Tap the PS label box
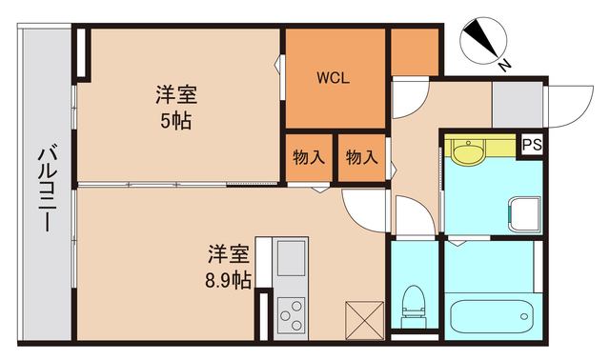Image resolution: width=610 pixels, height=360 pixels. pyautogui.click(x=531, y=145)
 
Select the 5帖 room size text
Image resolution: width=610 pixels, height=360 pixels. pyautogui.click(x=175, y=122)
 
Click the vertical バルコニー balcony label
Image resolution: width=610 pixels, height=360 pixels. pyautogui.click(x=44, y=191)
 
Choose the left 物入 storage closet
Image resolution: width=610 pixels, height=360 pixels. pyautogui.click(x=306, y=157)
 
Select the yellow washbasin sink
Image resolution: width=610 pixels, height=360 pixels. pyautogui.click(x=468, y=152)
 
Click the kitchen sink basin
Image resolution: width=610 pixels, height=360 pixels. pyautogui.click(x=290, y=257)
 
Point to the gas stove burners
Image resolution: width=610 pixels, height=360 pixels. pyautogui.click(x=291, y=311)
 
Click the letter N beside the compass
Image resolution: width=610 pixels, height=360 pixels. pyautogui.click(x=505, y=64)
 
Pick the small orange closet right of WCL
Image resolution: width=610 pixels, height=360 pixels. pyautogui.click(x=415, y=52)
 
